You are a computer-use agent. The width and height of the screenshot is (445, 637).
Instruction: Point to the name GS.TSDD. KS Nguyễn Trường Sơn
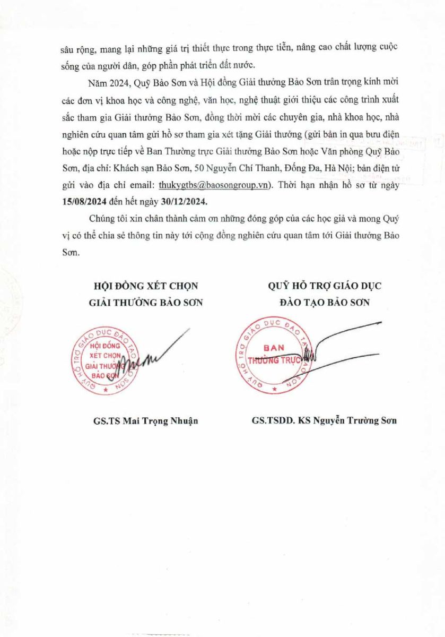(x=325, y=421)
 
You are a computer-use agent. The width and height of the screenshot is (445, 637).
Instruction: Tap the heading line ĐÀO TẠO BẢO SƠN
(x=325, y=303)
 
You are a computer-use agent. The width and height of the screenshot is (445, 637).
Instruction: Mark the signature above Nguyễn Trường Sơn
(x=339, y=345)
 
